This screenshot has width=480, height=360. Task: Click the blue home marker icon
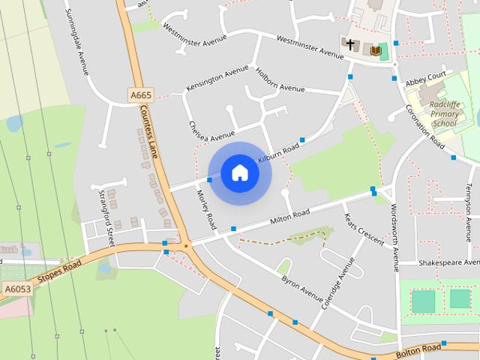click(239, 173)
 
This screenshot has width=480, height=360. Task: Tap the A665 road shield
click(140, 95)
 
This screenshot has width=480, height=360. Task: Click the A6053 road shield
click(17, 288)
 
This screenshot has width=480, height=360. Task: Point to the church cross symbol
click(349, 45)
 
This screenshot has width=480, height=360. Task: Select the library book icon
click(373, 50)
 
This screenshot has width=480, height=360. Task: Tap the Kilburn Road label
click(278, 154)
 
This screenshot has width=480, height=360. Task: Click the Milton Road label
click(289, 217)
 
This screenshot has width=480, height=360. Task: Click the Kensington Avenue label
click(217, 78)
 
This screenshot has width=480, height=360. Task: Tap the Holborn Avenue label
click(280, 80)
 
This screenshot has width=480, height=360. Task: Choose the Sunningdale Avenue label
click(77, 42)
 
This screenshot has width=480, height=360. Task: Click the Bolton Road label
click(418, 351)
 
